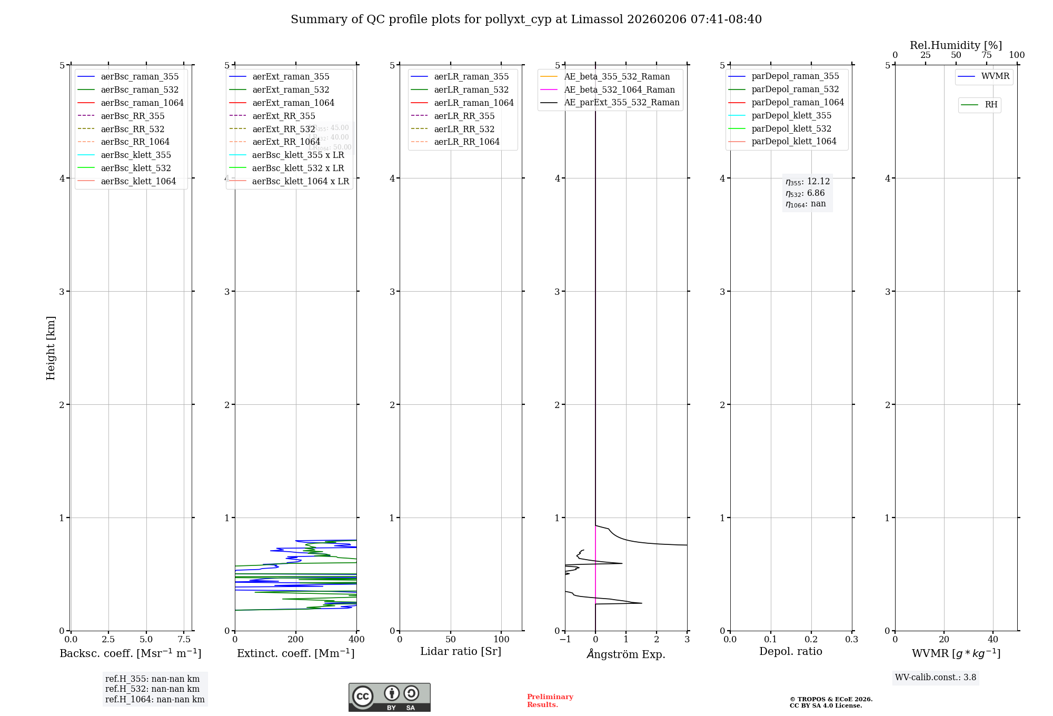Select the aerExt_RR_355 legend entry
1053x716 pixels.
click(283, 116)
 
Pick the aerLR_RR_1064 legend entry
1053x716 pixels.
click(466, 142)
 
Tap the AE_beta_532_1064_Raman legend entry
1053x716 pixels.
click(619, 89)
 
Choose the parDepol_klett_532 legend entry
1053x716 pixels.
click(791, 128)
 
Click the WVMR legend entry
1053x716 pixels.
click(995, 76)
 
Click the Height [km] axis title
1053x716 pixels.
click(51, 347)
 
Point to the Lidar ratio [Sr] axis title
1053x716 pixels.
click(460, 651)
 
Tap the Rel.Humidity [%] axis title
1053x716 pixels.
click(956, 45)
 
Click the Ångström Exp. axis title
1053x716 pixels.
click(626, 654)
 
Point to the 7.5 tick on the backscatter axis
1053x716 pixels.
click(184, 639)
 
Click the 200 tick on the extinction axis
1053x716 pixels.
click(296, 639)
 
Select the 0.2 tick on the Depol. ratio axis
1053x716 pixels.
click(811, 639)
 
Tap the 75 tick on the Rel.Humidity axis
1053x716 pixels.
click(986, 55)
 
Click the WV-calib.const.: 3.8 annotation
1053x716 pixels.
click(935, 677)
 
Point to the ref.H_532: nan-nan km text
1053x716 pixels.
click(152, 689)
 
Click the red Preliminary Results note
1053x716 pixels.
click(550, 700)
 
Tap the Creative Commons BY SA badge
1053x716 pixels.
click(389, 697)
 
